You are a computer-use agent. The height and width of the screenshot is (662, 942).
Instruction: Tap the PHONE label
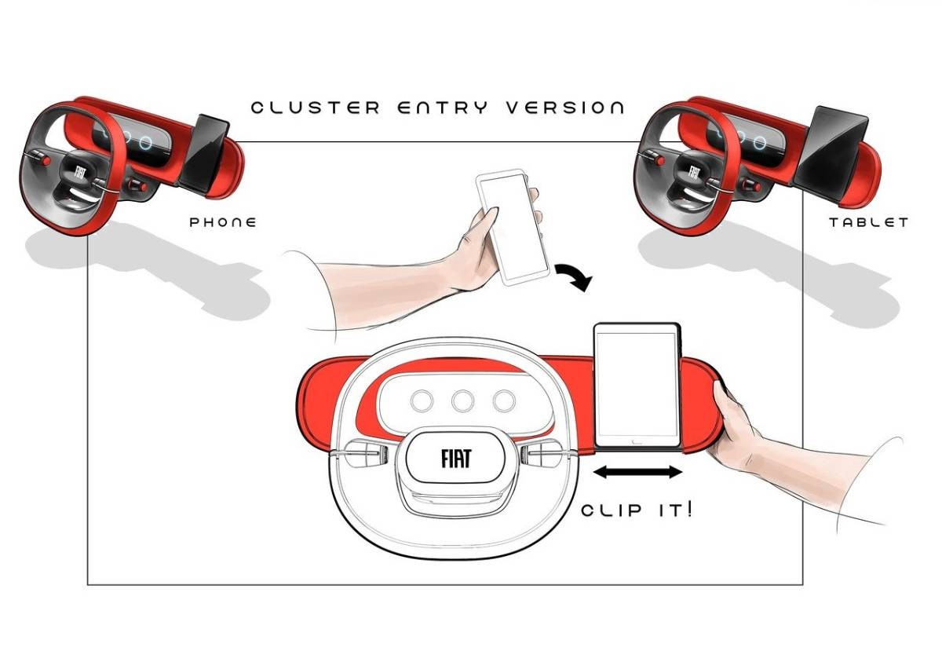pos(223,222)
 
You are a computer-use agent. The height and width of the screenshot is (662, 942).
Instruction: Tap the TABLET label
pos(868,222)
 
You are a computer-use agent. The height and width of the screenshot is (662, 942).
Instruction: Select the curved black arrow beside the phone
pos(573,277)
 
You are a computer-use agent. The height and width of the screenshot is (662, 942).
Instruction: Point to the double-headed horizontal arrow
pos(637,472)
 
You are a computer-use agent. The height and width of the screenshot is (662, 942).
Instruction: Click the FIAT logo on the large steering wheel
pos(456,456)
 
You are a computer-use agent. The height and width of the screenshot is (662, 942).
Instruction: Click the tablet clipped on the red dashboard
pos(637,385)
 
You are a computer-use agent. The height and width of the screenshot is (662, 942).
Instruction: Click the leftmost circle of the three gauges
pos(422,401)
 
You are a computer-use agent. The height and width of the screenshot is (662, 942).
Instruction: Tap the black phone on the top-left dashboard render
pos(206,153)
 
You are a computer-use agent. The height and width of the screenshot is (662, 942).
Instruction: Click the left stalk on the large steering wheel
pos(361,455)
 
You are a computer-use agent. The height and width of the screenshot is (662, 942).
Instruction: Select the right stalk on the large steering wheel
pos(545,454)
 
